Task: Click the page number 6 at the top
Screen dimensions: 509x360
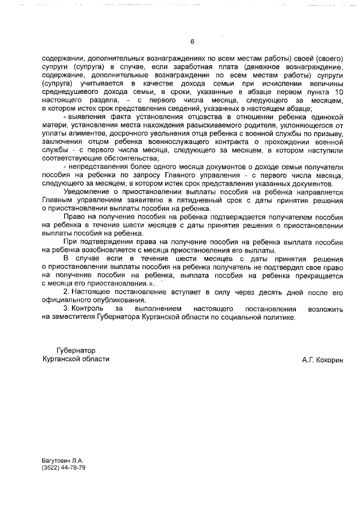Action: (x=192, y=42)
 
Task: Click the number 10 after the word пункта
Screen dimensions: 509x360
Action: (x=338, y=92)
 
